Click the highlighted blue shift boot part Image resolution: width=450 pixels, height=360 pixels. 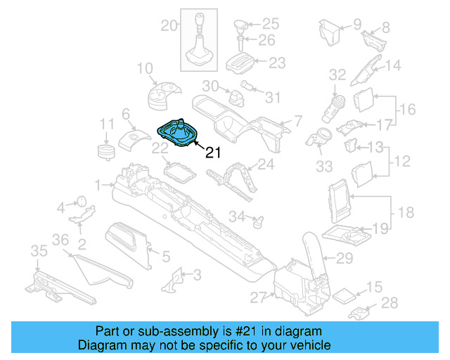(x=179, y=134)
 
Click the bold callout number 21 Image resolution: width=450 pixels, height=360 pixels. (x=213, y=153)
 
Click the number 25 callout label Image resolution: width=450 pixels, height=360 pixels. (x=271, y=23)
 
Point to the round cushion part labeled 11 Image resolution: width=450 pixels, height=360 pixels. (x=105, y=151)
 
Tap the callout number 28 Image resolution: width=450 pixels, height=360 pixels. (x=390, y=303)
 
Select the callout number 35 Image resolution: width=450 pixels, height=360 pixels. (x=38, y=251)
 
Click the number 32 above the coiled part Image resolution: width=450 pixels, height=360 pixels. (x=338, y=73)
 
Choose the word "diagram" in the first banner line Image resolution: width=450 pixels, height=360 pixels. (x=300, y=331)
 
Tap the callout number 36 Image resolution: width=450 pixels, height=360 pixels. (x=60, y=240)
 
